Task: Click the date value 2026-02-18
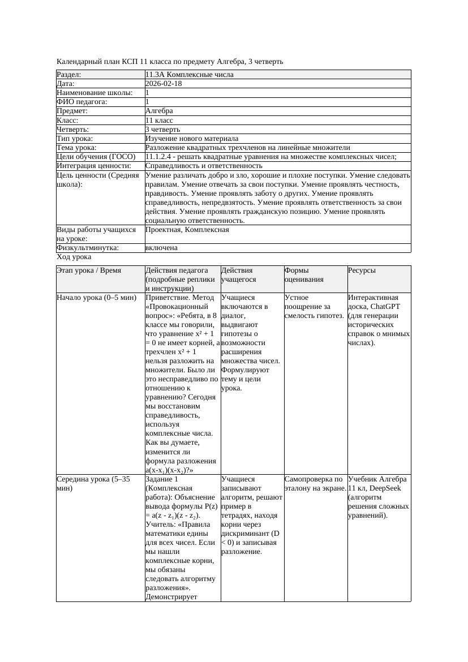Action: (x=164, y=84)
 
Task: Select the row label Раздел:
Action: (x=69, y=75)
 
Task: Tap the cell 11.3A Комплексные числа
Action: (x=189, y=75)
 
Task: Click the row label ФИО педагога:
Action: (x=82, y=102)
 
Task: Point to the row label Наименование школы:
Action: (x=95, y=93)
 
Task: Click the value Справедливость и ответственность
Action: (x=204, y=166)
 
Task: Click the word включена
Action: (x=161, y=248)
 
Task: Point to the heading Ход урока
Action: (x=74, y=257)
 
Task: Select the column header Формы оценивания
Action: (x=304, y=275)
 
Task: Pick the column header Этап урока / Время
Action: (x=89, y=271)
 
